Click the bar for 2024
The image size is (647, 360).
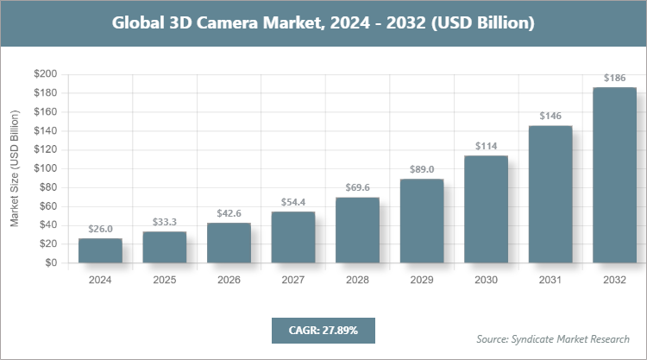pos(100,251)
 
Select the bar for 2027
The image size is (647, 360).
pos(293,237)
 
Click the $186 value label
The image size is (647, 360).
pos(614,78)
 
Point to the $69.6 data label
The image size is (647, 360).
pos(357,187)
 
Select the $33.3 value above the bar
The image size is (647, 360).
pos(165,221)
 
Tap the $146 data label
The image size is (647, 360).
pos(550,116)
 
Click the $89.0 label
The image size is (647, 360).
pos(422,169)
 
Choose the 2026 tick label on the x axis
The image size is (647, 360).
pos(229,281)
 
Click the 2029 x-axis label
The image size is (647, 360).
pos(422,281)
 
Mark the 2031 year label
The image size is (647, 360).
pos(550,281)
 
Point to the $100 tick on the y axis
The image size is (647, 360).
pos(45,168)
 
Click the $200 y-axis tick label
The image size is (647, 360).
pos(45,74)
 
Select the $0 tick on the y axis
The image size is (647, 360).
pos(51,262)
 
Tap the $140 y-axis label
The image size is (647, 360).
pos(45,131)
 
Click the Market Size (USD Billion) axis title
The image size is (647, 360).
pos(15,168)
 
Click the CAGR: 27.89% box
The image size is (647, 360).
pos(323,330)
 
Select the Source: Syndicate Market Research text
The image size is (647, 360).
pos(553,338)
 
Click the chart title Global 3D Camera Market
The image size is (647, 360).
pos(323,23)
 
